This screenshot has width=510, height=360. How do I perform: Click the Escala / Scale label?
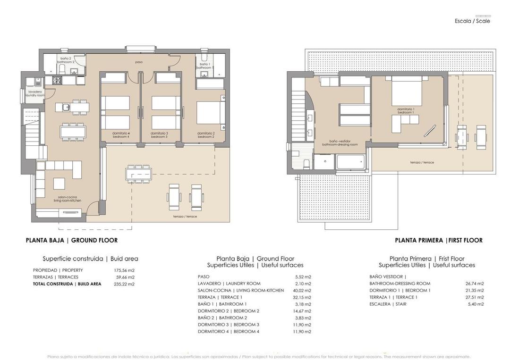(472, 21)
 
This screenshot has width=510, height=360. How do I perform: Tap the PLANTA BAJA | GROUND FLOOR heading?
(72, 240)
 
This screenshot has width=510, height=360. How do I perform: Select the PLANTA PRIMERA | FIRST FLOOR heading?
(439, 240)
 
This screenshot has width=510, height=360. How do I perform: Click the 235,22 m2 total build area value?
(125, 284)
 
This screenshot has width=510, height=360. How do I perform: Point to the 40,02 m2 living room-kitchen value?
(301, 291)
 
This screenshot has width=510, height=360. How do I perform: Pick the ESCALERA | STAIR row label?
(388, 304)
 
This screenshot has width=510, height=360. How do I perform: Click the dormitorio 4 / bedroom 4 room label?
(121, 135)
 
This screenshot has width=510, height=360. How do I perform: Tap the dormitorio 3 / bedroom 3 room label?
(159, 135)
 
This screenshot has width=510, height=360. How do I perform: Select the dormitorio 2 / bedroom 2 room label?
(206, 135)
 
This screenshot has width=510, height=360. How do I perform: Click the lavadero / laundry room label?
(35, 93)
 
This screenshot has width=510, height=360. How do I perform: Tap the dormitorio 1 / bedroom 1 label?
(405, 111)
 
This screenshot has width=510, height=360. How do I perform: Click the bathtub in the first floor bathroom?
(350, 163)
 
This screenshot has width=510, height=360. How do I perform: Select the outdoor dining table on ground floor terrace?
(138, 174)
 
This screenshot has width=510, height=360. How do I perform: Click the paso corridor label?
(139, 62)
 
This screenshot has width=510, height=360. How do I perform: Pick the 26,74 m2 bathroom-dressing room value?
(474, 284)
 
